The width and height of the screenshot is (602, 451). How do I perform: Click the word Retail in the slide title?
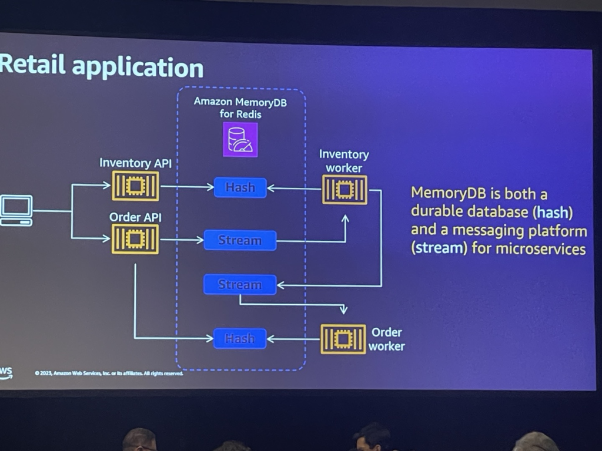26,66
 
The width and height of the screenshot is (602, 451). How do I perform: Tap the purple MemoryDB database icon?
240,140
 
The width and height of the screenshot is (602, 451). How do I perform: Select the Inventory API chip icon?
135,187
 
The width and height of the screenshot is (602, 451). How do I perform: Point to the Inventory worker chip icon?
345,189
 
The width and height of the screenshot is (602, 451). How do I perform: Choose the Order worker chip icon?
343,339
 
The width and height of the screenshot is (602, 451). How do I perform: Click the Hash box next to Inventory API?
240,187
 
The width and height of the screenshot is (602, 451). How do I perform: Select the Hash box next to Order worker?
240,338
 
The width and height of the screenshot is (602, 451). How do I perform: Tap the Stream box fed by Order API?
240,240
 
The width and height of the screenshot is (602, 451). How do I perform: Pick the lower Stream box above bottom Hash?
240,284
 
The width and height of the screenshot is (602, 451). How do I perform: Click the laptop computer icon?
16,210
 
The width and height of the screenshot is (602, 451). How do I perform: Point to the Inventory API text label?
135,163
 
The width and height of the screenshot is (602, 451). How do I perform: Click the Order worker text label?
386,339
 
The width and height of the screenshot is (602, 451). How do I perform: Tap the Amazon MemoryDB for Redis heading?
240,107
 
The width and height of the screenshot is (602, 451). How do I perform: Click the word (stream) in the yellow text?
438,248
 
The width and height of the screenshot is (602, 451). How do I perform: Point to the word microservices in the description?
540,248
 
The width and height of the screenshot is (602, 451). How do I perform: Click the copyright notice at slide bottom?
109,373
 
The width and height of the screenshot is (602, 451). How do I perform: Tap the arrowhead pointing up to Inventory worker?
346,218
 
